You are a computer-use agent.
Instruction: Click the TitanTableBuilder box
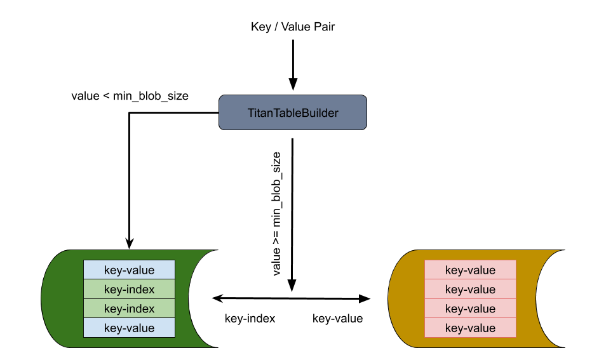(293, 112)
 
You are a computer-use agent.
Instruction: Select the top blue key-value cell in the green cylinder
(129, 270)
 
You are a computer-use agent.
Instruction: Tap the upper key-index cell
(129, 290)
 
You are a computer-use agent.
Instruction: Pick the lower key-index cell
(129, 309)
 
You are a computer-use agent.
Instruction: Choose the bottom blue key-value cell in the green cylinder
(129, 328)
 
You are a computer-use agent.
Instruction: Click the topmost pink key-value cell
(470, 270)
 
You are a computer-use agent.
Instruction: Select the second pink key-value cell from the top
(470, 290)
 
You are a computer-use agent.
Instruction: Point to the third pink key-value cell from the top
(470, 309)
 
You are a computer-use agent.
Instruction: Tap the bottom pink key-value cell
(470, 328)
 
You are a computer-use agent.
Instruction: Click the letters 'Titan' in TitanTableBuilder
(259, 113)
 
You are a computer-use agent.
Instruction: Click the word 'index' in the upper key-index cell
(140, 290)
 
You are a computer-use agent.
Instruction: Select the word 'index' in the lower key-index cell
(140, 309)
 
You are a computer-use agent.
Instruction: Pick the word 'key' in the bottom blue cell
(112, 328)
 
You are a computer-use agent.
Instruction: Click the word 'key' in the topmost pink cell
(454, 270)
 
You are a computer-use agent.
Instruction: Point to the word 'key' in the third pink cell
(454, 309)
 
